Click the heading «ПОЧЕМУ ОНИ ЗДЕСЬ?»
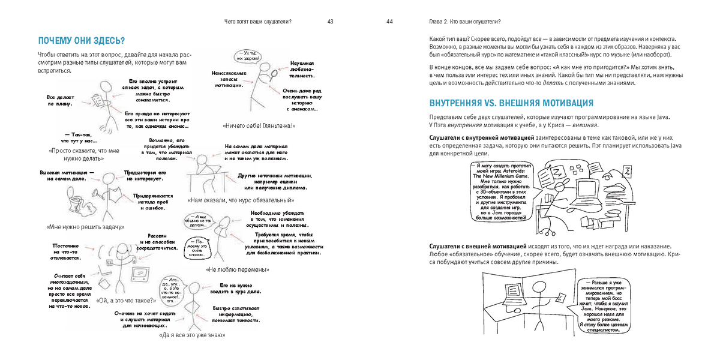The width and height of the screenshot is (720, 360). (x=81, y=41)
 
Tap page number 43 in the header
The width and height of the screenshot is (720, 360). (x=331, y=22)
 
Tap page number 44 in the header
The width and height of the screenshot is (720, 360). (x=389, y=22)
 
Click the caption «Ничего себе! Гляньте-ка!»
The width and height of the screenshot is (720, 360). (x=259, y=126)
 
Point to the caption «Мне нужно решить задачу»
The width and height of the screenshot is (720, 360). (x=85, y=227)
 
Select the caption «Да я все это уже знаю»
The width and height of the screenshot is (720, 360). (x=192, y=335)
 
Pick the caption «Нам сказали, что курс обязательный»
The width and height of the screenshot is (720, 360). (x=241, y=200)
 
